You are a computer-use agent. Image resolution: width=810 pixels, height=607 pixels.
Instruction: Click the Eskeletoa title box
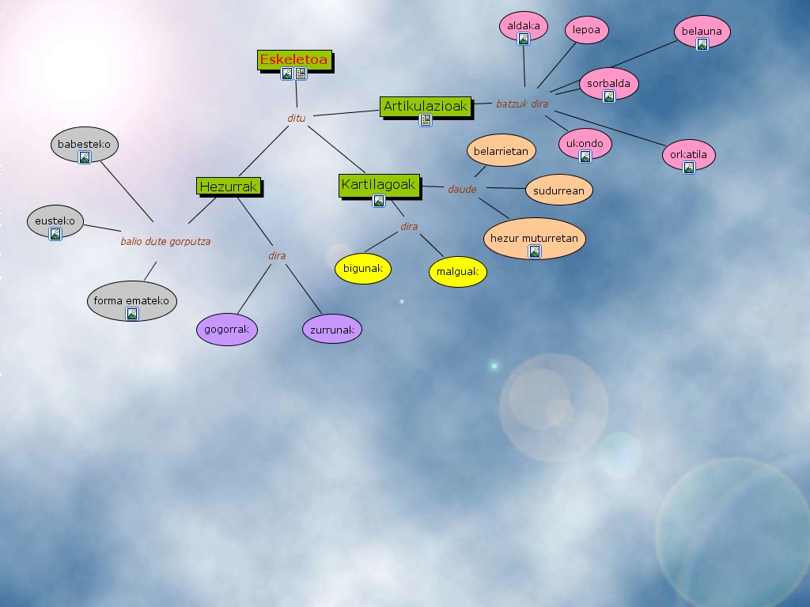tap(293, 59)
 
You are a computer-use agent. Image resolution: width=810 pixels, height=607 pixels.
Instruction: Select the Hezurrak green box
tap(229, 187)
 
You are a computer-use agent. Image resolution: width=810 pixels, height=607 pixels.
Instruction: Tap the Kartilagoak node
tap(378, 185)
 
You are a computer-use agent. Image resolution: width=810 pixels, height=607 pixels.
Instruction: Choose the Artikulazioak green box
tap(426, 106)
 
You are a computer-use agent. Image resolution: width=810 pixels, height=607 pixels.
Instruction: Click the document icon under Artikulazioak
tap(426, 120)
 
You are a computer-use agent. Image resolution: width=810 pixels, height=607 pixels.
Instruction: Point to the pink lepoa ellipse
tap(587, 31)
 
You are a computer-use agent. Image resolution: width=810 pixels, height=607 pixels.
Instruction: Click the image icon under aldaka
tap(523, 39)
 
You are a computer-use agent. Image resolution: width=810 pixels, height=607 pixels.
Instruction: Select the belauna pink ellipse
tap(702, 32)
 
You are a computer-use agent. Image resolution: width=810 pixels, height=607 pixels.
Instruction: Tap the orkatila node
tap(688, 155)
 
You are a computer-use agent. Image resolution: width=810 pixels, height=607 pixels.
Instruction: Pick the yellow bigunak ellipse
tap(363, 269)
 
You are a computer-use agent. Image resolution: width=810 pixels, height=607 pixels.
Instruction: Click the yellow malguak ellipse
tap(458, 272)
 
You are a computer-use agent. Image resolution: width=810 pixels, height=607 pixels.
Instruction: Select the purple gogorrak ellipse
tap(227, 330)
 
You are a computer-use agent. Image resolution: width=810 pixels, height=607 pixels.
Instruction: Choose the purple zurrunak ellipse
tap(332, 330)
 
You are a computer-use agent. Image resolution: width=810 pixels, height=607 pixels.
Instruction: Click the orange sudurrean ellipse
tap(558, 190)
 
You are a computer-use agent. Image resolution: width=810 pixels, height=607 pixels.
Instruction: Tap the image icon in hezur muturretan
tap(534, 251)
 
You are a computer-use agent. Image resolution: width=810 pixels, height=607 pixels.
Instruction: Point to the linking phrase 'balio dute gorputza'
tap(165, 242)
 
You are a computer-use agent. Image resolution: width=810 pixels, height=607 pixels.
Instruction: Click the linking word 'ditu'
tap(297, 119)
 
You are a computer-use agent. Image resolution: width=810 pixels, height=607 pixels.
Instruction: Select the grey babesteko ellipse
tap(84, 145)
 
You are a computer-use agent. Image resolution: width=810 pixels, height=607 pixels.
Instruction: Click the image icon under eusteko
tap(55, 234)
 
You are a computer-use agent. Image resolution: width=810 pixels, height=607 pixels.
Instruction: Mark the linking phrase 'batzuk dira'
tap(522, 104)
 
